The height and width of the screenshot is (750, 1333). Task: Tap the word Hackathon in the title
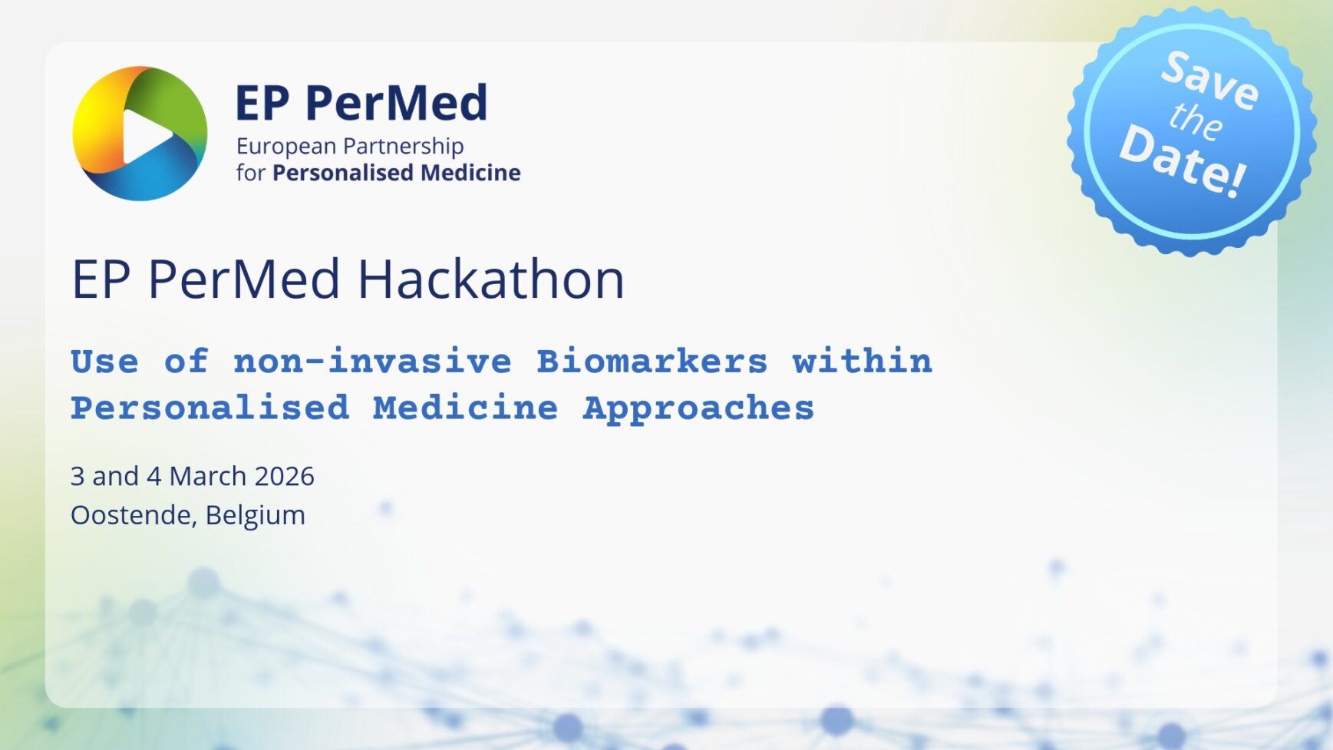click(x=491, y=279)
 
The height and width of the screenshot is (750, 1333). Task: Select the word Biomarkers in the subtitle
click(x=652, y=361)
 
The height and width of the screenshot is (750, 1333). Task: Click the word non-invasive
click(x=372, y=361)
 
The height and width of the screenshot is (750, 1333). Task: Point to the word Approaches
click(x=698, y=408)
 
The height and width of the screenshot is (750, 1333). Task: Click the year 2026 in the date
click(x=284, y=476)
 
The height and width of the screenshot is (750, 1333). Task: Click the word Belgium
click(x=255, y=515)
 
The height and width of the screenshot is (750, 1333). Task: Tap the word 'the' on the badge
click(x=1195, y=121)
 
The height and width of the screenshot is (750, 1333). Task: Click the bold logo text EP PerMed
click(x=361, y=103)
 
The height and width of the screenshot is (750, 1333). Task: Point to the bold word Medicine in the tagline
click(x=470, y=173)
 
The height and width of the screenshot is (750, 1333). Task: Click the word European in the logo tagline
click(x=285, y=147)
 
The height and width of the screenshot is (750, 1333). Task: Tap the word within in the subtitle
click(x=862, y=361)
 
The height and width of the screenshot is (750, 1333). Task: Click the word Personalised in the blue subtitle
click(x=210, y=408)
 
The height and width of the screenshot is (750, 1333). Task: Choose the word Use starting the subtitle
click(x=105, y=361)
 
